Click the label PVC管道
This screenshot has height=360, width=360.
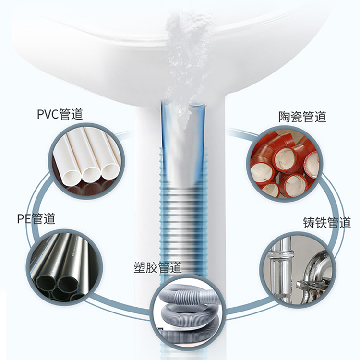click(x=60, y=114)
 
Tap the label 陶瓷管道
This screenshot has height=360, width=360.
click(x=302, y=117)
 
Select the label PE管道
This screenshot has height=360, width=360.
click(x=36, y=218)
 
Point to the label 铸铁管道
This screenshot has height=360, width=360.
click(x=327, y=222)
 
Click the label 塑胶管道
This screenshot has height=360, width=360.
click(x=158, y=267)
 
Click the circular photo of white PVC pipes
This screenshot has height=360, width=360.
click(x=86, y=161)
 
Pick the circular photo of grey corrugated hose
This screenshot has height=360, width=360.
click(x=188, y=313)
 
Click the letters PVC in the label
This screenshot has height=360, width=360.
click(x=48, y=114)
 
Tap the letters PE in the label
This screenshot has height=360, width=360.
click(x=24, y=219)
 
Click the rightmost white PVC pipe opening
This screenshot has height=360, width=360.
click(x=110, y=171)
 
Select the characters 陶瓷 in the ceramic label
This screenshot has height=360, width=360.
click(x=290, y=117)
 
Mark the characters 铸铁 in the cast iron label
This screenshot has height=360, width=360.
click(x=315, y=222)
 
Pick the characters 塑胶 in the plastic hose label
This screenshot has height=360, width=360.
click(x=145, y=267)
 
